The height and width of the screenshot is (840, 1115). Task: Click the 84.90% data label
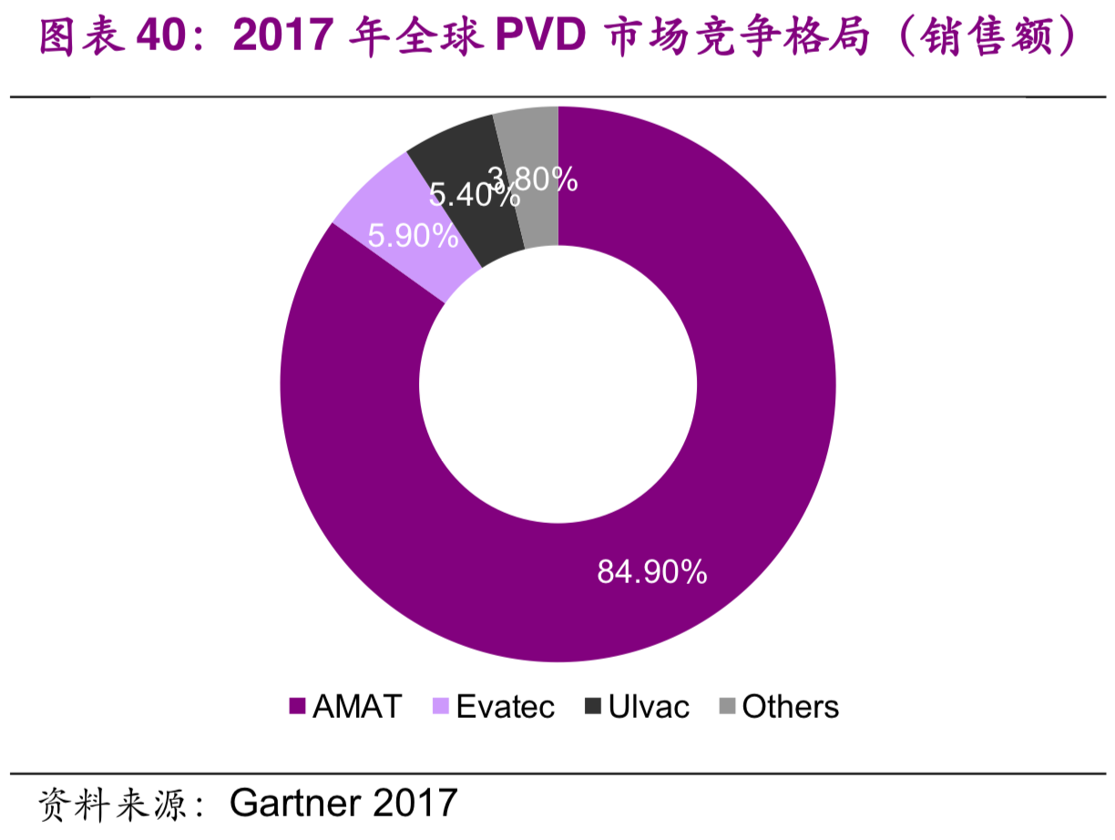[x=651, y=572]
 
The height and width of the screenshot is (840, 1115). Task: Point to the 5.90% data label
[x=412, y=237]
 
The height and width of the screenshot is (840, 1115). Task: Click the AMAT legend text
[x=356, y=706]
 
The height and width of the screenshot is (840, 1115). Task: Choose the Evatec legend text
[x=505, y=706]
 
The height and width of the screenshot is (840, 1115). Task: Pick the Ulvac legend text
[x=649, y=706]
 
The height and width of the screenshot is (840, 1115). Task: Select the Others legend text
[x=790, y=706]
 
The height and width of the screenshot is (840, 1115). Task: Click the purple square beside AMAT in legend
[x=296, y=707]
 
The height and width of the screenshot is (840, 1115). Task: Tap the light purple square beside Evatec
[x=441, y=707]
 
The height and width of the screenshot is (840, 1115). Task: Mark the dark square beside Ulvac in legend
[x=593, y=707]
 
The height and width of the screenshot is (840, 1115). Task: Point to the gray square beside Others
[x=727, y=707]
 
